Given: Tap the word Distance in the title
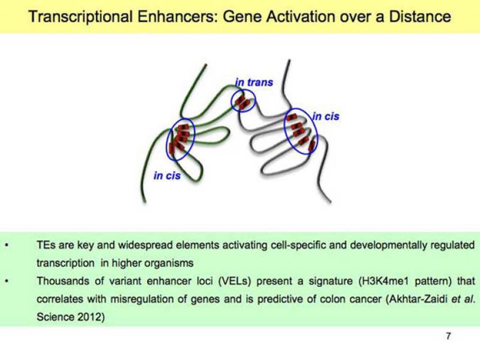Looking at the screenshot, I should (418, 16).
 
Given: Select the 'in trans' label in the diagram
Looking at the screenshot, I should (254, 82).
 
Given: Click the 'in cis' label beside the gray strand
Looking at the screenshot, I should (325, 116).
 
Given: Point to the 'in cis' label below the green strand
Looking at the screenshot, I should (167, 176).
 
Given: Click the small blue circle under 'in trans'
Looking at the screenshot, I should (243, 101).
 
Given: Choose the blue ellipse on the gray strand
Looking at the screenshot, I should (300, 131).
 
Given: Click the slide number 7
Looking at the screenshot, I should (448, 336).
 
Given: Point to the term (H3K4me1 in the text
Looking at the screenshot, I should (367, 281).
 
